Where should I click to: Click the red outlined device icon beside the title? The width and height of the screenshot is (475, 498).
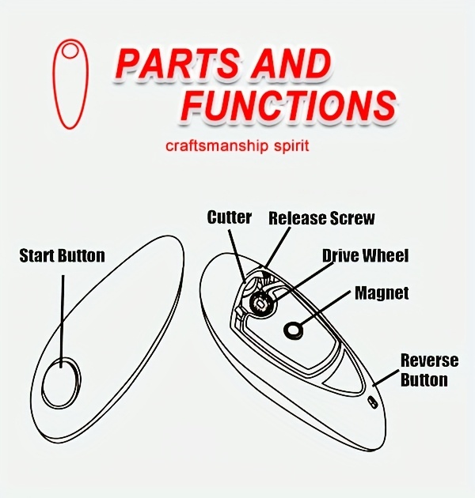(x=70, y=82)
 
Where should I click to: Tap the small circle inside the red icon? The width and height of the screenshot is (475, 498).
(x=70, y=51)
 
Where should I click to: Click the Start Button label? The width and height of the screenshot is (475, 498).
(x=62, y=255)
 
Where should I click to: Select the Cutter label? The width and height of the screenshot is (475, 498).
(x=230, y=217)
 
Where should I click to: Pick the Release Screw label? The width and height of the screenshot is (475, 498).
(x=321, y=217)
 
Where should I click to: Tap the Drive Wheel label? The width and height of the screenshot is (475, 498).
(x=366, y=255)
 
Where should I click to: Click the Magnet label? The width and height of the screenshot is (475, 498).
(x=382, y=293)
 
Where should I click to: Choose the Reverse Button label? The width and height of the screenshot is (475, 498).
(x=429, y=370)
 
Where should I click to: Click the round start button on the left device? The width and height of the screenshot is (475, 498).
(x=61, y=382)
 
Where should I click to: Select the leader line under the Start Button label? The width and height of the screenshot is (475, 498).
(x=62, y=316)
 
